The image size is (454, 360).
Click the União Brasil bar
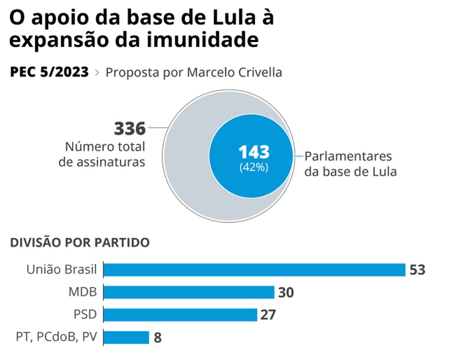coord(254,270)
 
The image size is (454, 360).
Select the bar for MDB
coord(189,292)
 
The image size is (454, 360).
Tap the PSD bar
coord(180,315)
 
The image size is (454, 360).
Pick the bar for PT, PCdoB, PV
coord(126,337)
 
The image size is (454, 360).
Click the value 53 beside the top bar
coord(417,270)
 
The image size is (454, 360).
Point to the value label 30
coord(286,292)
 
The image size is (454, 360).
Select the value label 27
coord(268,315)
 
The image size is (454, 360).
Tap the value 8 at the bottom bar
coord(157,338)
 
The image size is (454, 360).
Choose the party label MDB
coord(83,292)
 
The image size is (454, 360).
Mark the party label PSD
coord(85,315)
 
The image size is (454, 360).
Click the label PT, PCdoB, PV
coord(57,337)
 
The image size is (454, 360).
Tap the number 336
coord(130,129)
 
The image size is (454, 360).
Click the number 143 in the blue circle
coord(253,152)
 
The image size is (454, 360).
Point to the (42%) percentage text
coord(253,167)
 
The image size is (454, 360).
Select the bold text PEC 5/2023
coord(49,72)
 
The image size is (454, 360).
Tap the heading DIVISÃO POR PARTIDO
coord(80,242)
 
